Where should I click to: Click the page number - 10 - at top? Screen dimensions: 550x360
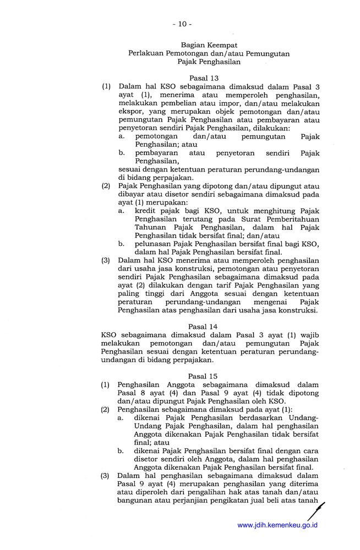(181, 24)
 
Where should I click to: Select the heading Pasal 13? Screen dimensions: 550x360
(204, 78)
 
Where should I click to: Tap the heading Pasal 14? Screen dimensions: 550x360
(203, 326)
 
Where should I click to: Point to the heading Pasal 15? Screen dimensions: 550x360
(203, 376)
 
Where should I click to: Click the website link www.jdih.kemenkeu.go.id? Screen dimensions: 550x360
(277, 525)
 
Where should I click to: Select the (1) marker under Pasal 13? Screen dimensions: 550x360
(106, 87)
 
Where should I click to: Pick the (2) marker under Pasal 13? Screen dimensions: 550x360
(106, 186)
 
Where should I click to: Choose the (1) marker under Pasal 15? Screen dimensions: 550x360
(106, 385)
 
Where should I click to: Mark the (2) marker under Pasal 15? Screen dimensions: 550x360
(106, 410)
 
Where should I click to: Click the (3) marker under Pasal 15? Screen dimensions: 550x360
(106, 476)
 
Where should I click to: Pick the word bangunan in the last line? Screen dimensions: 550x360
(134, 501)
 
